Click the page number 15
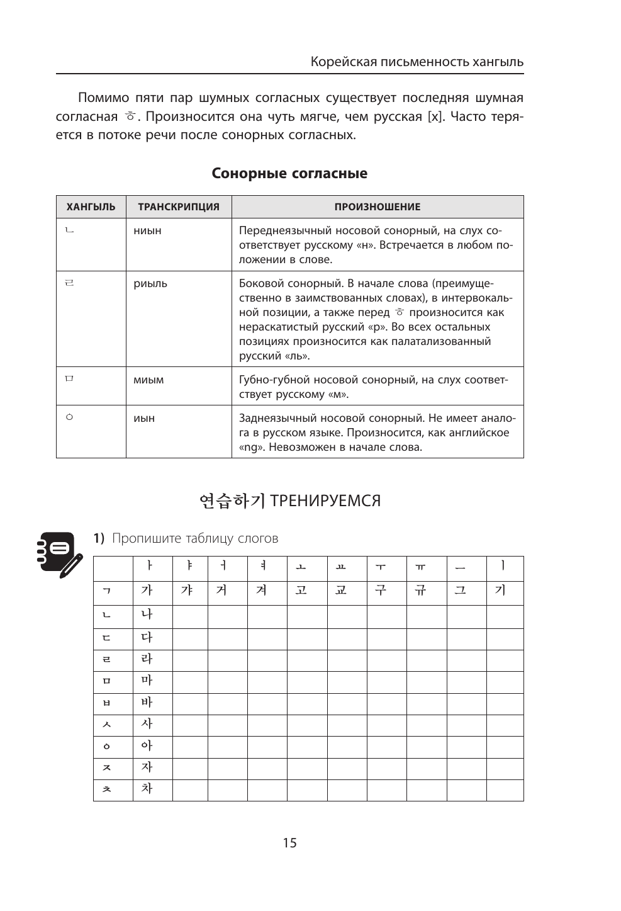tap(289, 843)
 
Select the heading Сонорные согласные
tap(289, 174)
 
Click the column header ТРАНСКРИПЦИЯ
tap(179, 207)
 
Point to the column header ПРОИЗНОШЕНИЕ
tap(378, 207)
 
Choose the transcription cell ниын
tap(147, 231)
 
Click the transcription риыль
tap(150, 284)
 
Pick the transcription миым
tap(148, 380)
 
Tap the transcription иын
tap(144, 419)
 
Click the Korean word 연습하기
tap(232, 501)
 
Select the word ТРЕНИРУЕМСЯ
tap(325, 501)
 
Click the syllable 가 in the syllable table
tap(147, 591)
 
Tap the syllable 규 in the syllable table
tap(420, 591)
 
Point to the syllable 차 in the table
tap(147, 789)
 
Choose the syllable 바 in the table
tap(147, 703)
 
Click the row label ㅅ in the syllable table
tap(107, 725)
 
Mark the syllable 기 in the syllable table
tap(500, 591)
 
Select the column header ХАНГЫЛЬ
tap(91, 207)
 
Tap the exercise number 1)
tap(99, 539)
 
